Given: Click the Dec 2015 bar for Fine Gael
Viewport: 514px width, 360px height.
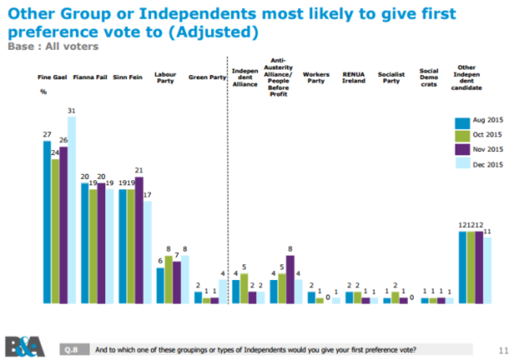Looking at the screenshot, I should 73,210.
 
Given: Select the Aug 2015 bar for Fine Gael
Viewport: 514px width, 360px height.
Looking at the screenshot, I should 47,222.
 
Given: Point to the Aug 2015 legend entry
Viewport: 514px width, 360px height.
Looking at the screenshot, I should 482,121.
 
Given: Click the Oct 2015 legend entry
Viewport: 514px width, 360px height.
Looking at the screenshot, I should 482,135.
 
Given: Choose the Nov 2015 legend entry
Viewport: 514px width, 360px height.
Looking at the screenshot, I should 482,150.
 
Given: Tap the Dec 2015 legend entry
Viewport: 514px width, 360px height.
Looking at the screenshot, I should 482,165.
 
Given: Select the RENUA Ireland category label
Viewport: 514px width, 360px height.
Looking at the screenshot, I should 353,78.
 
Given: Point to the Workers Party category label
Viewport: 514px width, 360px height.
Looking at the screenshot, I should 316,78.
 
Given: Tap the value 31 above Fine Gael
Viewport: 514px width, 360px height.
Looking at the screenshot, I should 72,110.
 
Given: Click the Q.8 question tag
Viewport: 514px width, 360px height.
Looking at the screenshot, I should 70,349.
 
